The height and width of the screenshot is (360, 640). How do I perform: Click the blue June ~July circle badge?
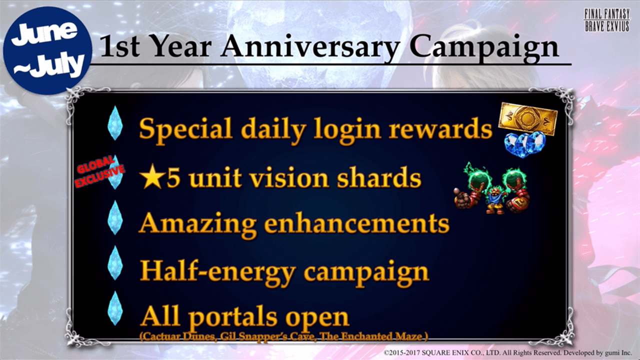click(47, 50)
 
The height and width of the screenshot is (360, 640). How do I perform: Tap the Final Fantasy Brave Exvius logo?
click(607, 20)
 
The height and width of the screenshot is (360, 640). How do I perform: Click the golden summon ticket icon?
click(527, 118)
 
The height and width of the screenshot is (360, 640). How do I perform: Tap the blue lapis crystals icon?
click(525, 144)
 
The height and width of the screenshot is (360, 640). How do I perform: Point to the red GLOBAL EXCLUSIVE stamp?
click(99, 172)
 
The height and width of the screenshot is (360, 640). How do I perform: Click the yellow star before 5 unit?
click(153, 177)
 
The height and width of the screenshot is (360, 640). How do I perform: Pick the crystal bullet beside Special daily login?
click(115, 123)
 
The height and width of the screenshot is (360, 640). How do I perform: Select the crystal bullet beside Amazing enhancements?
click(115, 217)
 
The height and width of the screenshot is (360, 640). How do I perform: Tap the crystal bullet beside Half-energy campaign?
click(115, 263)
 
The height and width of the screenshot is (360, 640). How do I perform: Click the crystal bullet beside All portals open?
click(115, 308)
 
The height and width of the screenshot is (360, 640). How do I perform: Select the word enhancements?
click(356, 224)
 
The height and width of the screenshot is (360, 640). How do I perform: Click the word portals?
click(233, 317)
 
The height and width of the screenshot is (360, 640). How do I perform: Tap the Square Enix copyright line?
click(507, 353)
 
